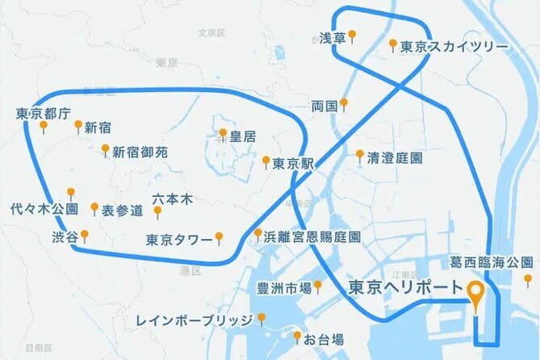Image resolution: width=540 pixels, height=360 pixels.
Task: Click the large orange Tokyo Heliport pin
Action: (x=477, y=295)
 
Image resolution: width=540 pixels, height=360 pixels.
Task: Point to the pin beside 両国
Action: (x=344, y=104)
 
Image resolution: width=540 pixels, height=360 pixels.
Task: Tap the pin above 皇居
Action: (x=223, y=132)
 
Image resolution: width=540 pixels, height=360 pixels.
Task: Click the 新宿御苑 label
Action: (x=140, y=151)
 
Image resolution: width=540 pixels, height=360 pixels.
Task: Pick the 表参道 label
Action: (x=122, y=211)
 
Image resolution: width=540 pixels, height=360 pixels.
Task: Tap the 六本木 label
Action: (x=170, y=198)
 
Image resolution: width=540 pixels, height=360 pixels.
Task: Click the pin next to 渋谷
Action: (x=84, y=236)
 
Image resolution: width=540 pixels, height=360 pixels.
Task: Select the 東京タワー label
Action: (x=179, y=240)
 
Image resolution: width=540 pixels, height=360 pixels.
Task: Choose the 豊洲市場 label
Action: (x=283, y=287)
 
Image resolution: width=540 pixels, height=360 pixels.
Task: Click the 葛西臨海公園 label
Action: (x=492, y=263)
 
